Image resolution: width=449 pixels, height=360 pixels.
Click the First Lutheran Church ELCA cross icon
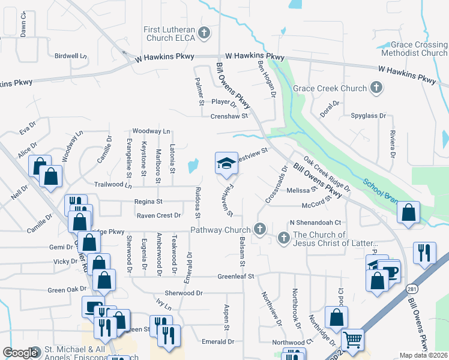[204, 33]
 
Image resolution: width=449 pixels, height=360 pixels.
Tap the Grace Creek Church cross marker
[376, 89]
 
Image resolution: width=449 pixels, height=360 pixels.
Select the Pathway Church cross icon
[259, 229]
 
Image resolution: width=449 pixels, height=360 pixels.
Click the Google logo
[20, 353]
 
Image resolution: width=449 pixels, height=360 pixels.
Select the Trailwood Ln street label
[112, 185]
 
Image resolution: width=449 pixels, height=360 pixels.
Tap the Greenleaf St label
[236, 277]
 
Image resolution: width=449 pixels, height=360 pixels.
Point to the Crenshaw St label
[229, 116]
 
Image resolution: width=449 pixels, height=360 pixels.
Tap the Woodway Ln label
[151, 130]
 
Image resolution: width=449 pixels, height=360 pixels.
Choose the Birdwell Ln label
[70, 56]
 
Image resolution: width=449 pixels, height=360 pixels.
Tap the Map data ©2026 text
[424, 355]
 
